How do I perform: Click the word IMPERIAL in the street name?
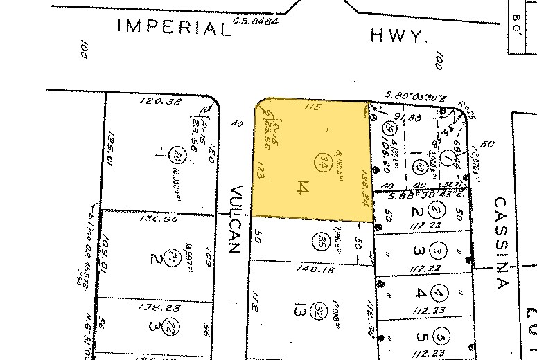174,28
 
